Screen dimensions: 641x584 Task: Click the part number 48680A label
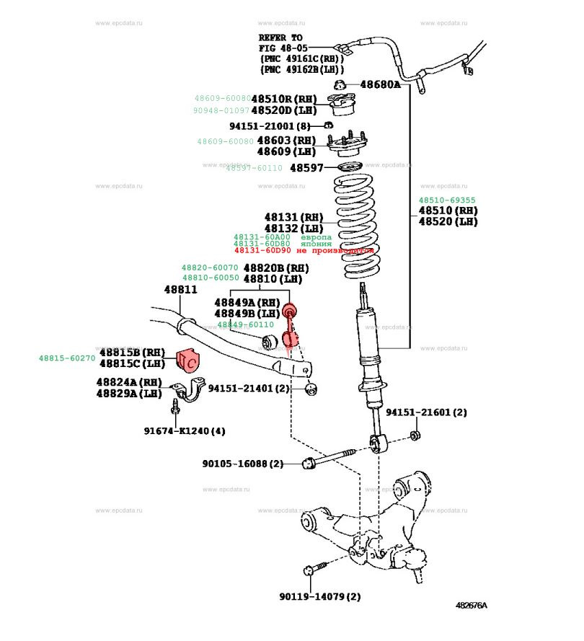point(380,84)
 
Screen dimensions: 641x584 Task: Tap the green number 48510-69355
point(448,200)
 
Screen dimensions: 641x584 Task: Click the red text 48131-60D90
point(262,251)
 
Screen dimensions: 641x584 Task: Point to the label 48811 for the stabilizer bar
point(180,289)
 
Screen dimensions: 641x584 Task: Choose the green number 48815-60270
point(67,358)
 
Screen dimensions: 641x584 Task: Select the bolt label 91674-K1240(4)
point(184,431)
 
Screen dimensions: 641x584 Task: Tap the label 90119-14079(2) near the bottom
point(319,596)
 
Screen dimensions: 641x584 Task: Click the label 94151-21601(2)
point(426,412)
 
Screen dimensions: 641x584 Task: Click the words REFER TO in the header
point(281,37)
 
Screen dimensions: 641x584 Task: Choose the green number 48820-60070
point(209,268)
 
